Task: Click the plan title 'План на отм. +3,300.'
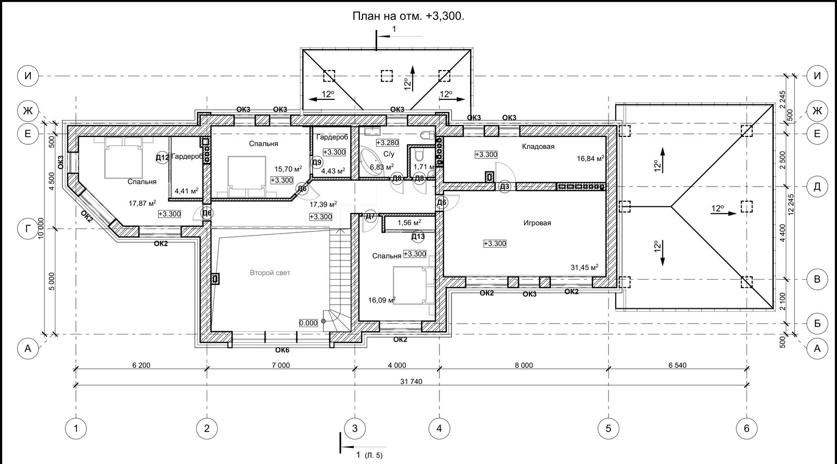[409, 16]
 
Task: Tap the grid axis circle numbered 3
[355, 428]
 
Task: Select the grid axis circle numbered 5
[608, 428]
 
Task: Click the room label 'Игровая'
[537, 223]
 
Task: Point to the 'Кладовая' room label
[538, 147]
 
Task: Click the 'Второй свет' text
[270, 273]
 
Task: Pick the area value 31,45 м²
[584, 268]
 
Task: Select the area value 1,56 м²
[409, 223]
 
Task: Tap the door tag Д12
[162, 158]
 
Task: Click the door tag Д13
[418, 237]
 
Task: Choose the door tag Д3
[504, 187]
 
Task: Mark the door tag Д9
[317, 163]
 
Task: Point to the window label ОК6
[282, 350]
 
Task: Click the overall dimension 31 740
[411, 381]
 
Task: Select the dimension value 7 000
[280, 365]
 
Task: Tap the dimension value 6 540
[677, 365]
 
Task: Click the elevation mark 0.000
[308, 323]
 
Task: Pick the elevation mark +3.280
[388, 143]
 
